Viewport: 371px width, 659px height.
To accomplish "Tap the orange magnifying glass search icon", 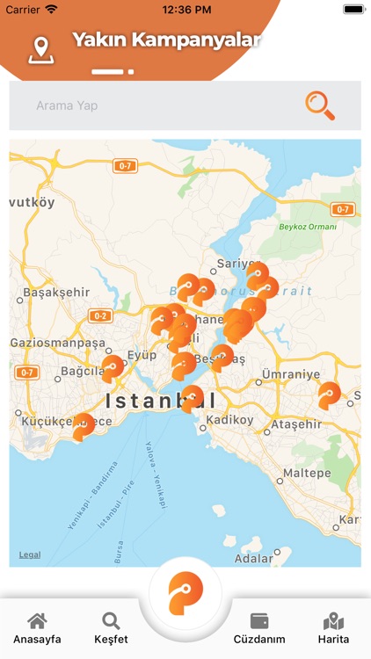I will [320, 105].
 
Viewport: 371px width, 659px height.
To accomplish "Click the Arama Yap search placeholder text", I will [67, 105].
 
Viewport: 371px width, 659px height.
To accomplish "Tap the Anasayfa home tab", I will [37, 629].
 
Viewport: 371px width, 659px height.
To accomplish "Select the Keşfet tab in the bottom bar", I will [111, 629].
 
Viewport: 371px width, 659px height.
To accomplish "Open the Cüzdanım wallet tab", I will [259, 629].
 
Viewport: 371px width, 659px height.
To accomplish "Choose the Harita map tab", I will [333, 629].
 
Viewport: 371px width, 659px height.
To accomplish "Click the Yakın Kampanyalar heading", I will [166, 40].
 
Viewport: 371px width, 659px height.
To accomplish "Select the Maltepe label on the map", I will [306, 473].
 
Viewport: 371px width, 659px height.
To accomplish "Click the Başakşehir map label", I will [57, 292].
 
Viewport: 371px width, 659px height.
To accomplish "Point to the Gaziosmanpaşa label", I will [57, 343].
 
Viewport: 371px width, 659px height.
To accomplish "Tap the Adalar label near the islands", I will [254, 558].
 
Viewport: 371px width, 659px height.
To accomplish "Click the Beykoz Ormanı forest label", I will [309, 227].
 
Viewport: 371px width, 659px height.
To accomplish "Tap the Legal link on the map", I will [30, 554].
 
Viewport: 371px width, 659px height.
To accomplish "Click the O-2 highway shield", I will [99, 315].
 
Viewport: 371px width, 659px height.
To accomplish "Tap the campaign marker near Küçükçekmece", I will [83, 426].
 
